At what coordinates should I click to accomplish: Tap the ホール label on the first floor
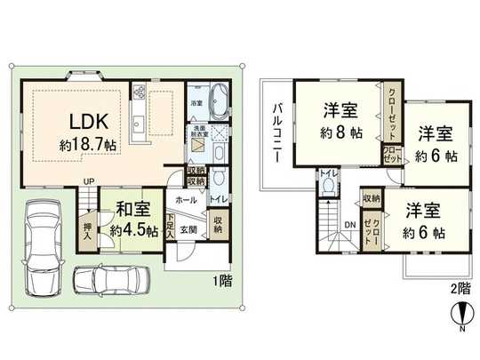coord(186,200)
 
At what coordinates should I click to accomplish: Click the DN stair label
coord(350,224)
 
